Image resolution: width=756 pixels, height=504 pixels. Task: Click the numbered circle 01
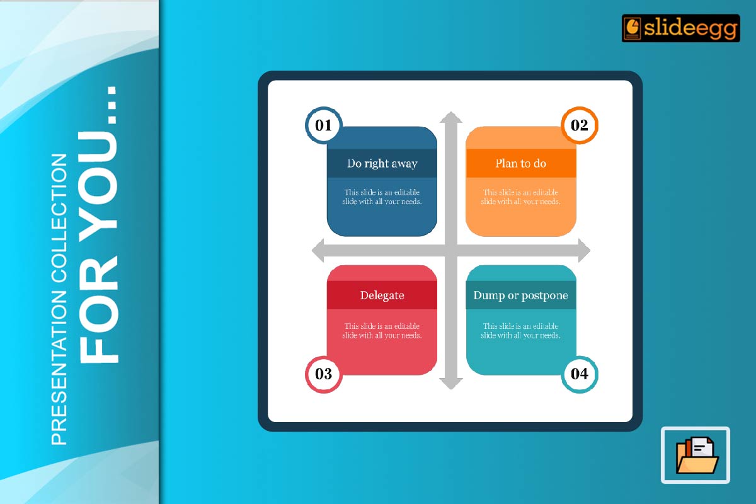323,125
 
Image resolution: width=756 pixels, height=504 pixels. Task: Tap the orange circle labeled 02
579,125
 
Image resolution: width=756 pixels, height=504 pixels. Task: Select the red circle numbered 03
323,374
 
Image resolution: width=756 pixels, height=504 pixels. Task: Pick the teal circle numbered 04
579,374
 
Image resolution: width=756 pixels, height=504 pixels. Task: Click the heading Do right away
382,164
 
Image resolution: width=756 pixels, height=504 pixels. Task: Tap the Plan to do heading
520,164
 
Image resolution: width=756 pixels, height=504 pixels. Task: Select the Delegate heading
382,295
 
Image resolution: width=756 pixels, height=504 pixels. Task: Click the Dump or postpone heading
520,295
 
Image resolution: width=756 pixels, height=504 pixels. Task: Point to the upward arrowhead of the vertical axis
451,118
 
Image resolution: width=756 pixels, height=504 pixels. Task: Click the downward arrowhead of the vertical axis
451,383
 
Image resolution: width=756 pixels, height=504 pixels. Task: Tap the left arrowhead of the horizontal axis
319,251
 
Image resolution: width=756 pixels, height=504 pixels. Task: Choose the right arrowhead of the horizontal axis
583,251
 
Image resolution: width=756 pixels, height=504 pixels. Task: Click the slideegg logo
680,28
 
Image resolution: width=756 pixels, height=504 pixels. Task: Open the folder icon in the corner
696,455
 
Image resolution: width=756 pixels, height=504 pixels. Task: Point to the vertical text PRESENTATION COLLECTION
59,299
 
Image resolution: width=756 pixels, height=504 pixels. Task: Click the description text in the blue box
382,197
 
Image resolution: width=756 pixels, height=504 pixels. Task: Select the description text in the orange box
520,197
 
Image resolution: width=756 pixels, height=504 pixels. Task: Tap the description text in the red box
382,331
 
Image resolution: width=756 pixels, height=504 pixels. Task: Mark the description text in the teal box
520,331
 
